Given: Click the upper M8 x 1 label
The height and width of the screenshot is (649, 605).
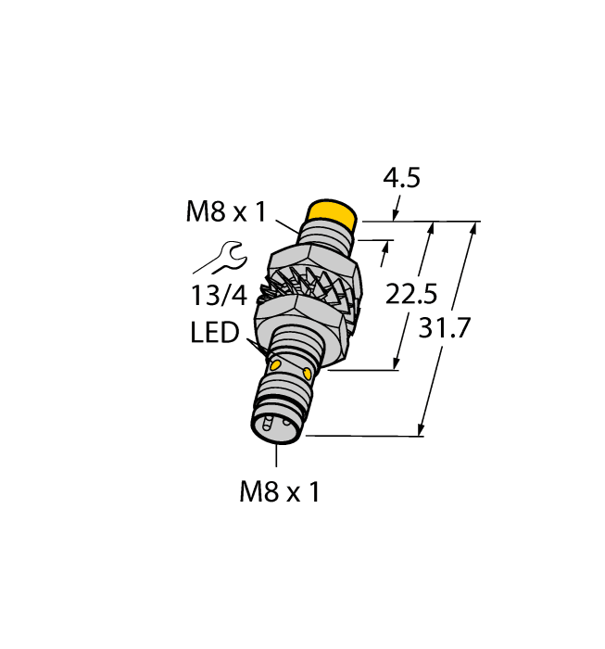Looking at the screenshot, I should pos(226,212).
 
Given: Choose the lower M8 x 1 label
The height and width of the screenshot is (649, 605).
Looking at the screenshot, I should pos(279,492).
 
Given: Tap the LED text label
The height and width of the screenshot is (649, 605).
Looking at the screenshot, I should pos(215,332).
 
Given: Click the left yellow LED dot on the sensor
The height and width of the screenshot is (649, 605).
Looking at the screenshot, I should pos(274,367).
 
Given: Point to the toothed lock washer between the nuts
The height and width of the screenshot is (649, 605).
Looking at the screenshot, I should pos(306,287).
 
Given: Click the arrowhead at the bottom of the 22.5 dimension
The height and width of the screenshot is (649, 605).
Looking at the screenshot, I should pos(399,363).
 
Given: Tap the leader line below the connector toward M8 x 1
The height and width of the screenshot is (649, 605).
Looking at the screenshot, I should pos(277,457).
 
